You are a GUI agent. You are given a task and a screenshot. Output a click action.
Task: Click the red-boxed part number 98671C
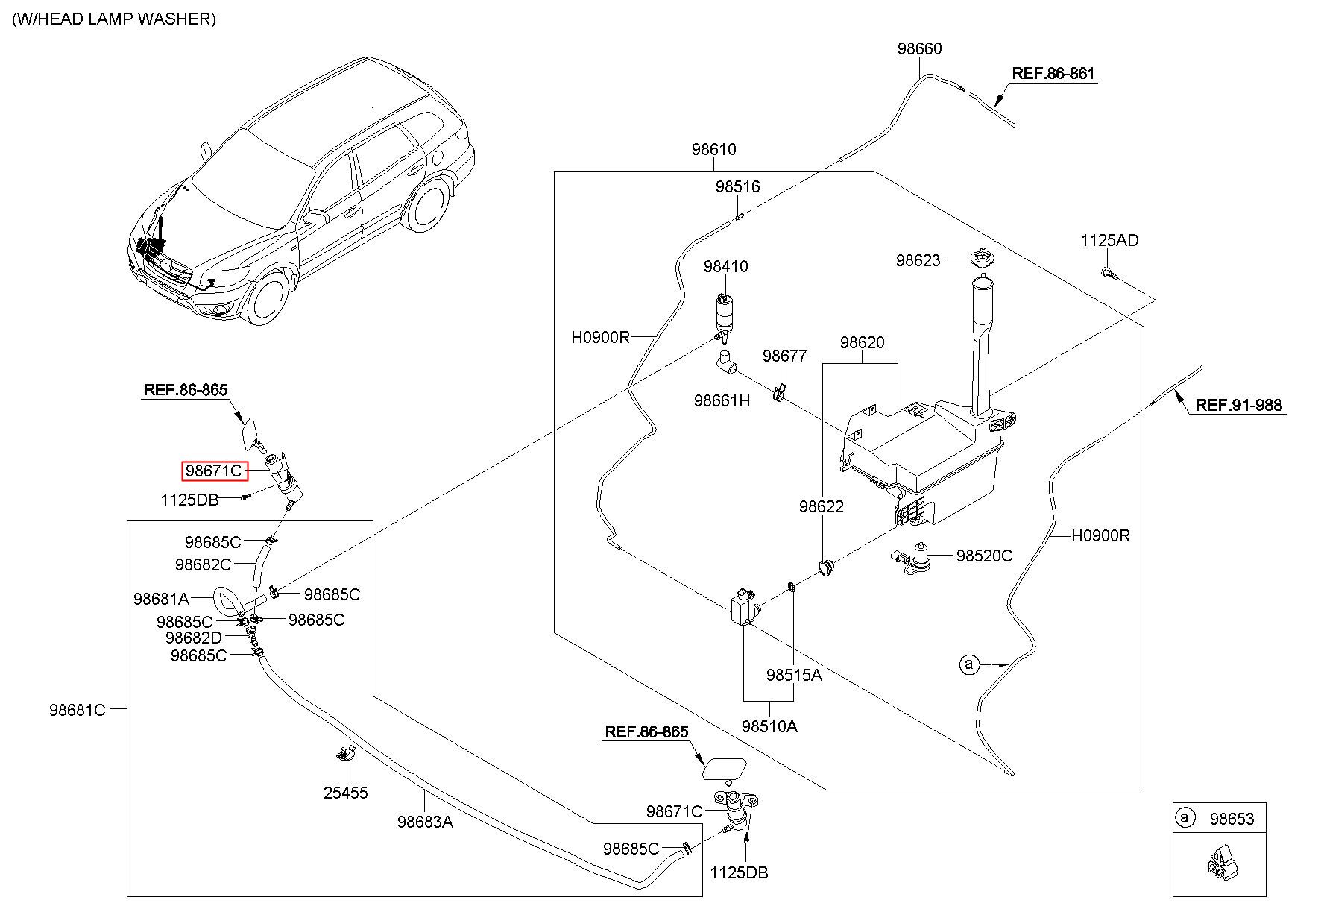click(x=215, y=471)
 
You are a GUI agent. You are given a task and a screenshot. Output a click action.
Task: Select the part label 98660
click(x=919, y=48)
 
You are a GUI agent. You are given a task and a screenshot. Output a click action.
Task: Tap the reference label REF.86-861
click(x=1053, y=73)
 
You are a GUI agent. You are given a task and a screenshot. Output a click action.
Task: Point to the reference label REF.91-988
click(x=1239, y=405)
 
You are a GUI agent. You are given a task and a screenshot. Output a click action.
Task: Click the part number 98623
click(x=918, y=260)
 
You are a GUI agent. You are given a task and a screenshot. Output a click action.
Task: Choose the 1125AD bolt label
click(x=1109, y=240)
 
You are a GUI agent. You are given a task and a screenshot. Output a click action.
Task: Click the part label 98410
click(x=725, y=266)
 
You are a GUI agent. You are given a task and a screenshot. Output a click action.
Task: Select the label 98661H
click(x=722, y=400)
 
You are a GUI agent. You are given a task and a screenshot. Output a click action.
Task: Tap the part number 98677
click(x=784, y=356)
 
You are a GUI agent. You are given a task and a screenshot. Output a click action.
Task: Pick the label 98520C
click(x=984, y=556)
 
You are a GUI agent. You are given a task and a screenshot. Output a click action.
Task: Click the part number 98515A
click(x=794, y=675)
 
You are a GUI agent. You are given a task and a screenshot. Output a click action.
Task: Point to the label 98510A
click(x=769, y=726)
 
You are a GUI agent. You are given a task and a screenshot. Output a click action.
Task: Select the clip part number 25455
click(x=346, y=793)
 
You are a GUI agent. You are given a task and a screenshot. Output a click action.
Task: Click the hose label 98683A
click(x=425, y=822)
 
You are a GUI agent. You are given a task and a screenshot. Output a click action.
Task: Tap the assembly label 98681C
click(x=78, y=710)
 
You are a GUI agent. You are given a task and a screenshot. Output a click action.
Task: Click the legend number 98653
click(x=1232, y=819)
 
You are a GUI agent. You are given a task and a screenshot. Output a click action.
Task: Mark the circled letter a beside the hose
click(x=968, y=664)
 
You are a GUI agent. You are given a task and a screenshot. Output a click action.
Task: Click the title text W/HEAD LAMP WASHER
click(x=114, y=19)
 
